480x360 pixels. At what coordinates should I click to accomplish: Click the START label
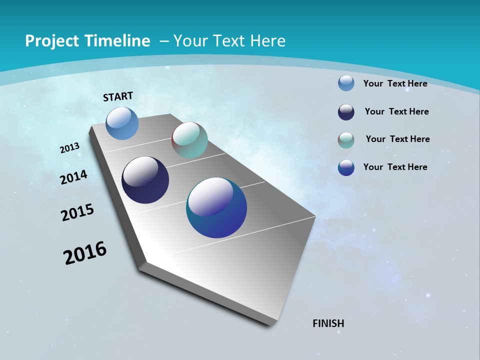(118, 96)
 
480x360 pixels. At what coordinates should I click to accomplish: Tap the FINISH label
(328, 323)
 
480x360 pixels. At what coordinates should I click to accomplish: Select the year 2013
(69, 148)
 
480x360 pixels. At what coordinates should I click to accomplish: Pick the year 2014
(74, 177)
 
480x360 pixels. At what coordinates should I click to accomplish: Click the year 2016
(85, 253)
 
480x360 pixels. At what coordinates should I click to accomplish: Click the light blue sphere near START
(122, 123)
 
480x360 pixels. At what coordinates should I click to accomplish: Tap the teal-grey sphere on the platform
(189, 140)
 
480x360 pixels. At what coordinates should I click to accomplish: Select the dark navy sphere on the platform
(145, 180)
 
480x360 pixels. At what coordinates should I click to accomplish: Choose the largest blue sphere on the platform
(216, 208)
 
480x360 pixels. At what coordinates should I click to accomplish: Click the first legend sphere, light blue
(346, 83)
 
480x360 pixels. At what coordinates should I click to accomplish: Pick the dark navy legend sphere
(346, 112)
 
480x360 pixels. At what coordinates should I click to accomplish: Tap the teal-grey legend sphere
(346, 140)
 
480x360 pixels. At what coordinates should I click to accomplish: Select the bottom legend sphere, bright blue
(346, 167)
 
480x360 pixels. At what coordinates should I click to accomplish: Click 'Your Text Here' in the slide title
(229, 41)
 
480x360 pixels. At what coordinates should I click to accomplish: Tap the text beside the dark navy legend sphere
(396, 111)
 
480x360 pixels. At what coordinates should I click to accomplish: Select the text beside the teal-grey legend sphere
(397, 139)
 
